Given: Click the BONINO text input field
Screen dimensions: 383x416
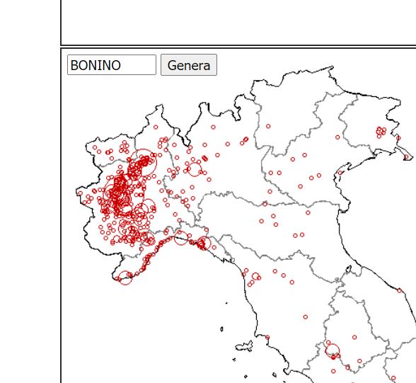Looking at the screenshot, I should [111, 65].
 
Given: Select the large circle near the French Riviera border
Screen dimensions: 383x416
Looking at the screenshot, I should [125, 278].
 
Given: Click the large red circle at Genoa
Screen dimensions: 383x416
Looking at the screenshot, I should [204, 244].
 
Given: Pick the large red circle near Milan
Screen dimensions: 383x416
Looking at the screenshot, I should [193, 168].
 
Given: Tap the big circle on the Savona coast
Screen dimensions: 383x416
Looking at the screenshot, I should [181, 237].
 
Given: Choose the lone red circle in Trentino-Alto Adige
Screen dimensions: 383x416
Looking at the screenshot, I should [268, 126].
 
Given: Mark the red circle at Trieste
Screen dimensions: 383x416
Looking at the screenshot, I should [407, 155].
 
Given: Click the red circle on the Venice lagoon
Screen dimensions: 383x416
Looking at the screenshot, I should [340, 172].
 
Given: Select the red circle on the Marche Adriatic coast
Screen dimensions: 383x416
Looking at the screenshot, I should [400, 290].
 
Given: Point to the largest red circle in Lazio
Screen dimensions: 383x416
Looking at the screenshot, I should [332, 349].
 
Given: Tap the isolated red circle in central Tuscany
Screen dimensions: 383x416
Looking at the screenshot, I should [306, 316].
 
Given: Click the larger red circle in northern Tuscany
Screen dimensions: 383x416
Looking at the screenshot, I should [255, 276].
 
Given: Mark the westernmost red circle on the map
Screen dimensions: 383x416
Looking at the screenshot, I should [79, 191].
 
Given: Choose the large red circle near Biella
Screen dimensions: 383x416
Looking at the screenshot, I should [142, 158].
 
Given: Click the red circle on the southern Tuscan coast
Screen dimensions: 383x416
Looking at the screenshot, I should [267, 337].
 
